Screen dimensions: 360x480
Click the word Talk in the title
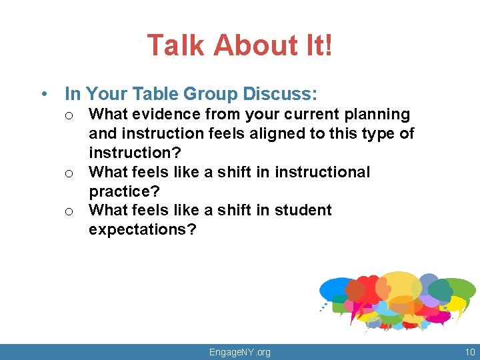click(176, 46)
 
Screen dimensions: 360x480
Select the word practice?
click(125, 191)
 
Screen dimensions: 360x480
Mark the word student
click(303, 210)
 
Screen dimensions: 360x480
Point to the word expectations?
click(143, 229)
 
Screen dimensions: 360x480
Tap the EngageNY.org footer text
click(240, 352)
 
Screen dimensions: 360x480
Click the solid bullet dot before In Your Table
click(43, 94)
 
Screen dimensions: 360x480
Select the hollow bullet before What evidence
click(69, 116)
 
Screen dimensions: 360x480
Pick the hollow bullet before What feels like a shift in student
click(69, 211)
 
